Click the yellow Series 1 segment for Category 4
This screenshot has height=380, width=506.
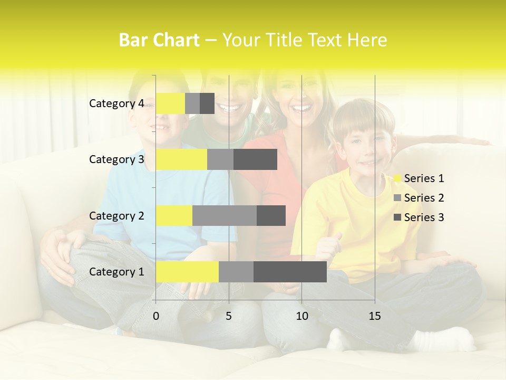point(170,103)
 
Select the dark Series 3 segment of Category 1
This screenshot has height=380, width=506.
point(290,272)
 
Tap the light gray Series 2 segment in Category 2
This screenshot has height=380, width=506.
point(224,215)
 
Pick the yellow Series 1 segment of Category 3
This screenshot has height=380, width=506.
point(181,159)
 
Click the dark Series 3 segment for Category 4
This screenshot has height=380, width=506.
point(207,103)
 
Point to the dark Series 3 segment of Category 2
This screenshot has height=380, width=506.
point(271,215)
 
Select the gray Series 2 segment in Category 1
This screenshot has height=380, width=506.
point(236,272)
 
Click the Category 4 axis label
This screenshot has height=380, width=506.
point(116,103)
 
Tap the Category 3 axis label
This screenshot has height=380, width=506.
point(116,159)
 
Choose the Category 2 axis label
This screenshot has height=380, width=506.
point(116,216)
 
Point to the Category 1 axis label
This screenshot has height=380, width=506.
point(116,272)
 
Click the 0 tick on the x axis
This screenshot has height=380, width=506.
point(156,316)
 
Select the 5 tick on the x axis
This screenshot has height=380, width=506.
point(229,316)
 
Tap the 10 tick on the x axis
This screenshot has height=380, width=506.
point(301,316)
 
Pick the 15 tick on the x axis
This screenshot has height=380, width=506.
point(375,316)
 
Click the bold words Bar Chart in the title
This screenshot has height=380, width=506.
point(159,40)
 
